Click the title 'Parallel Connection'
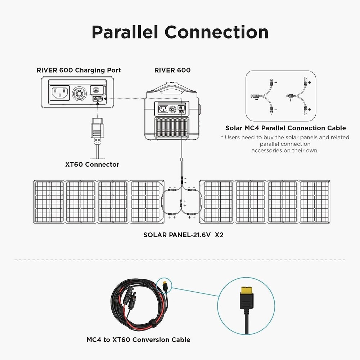pyautogui.click(x=180, y=32)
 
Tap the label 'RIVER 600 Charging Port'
pyautogui.click(x=78, y=70)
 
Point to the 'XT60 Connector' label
pyautogui.click(x=92, y=165)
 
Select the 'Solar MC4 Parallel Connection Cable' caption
pyautogui.click(x=285, y=128)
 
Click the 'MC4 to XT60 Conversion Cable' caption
pyautogui.click(x=138, y=339)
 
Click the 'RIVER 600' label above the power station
pyautogui.click(x=172, y=70)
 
